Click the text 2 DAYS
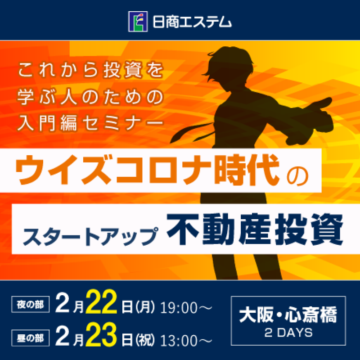tap(287, 333)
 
